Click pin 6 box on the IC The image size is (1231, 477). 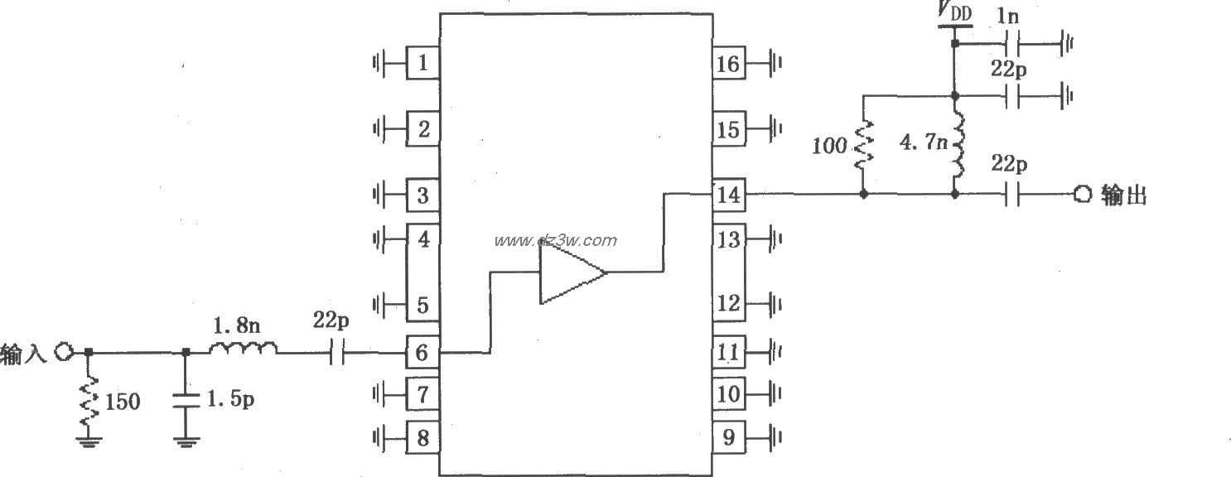[x=422, y=353]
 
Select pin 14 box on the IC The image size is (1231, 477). [x=728, y=195]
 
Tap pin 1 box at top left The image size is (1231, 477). [x=422, y=63]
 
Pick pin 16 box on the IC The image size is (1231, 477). [x=728, y=63]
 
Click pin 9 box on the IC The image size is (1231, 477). [x=728, y=437]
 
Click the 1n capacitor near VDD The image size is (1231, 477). [x=1010, y=43]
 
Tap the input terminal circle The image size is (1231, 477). [x=64, y=353]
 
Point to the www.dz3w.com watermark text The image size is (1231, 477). [x=555, y=241]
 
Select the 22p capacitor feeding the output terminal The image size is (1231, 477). [x=1010, y=195]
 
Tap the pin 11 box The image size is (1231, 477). [x=728, y=353]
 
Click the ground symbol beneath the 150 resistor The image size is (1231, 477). [x=89, y=441]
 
